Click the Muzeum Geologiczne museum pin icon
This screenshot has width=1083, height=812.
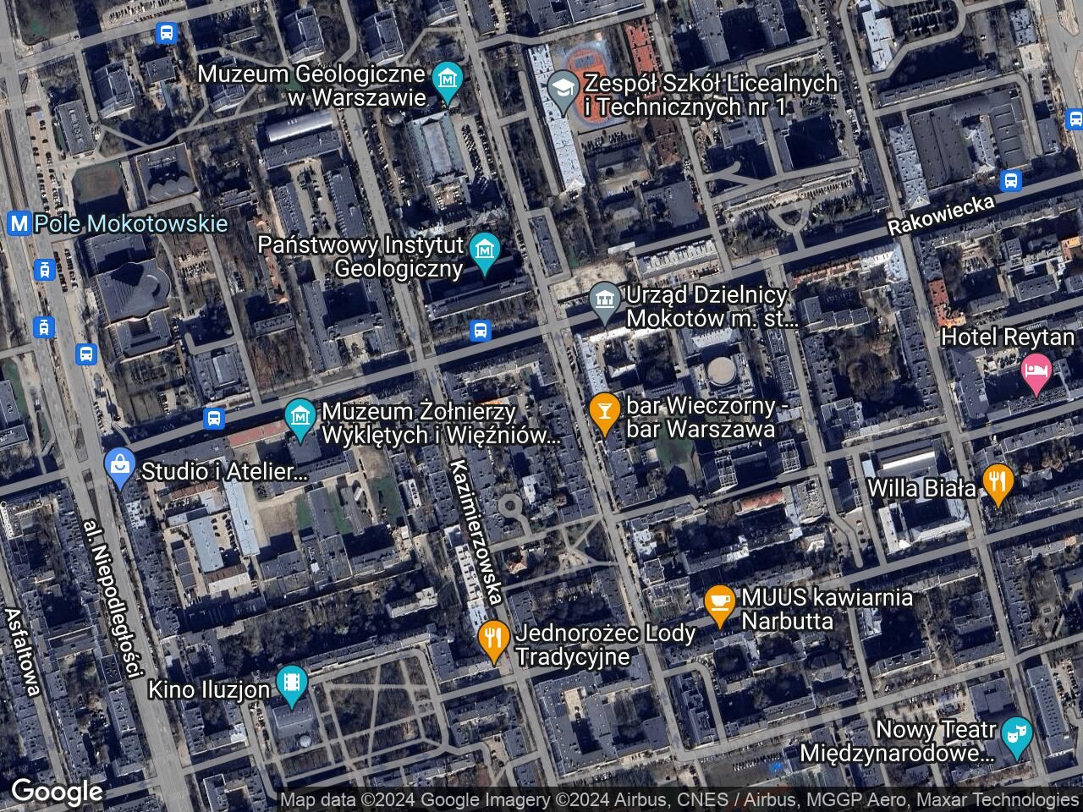coord(447,80)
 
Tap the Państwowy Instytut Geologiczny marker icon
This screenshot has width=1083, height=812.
coord(485,251)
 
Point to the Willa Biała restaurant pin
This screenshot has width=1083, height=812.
coord(999,483)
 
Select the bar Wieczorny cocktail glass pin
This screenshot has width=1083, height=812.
coord(603,411)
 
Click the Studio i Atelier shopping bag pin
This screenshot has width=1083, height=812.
coord(121,466)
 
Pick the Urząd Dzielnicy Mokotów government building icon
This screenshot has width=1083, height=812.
coord(604,299)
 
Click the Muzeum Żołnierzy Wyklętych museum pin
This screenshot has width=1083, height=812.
coord(300,415)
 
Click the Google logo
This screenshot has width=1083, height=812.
coord(56,792)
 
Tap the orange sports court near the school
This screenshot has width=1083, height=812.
coord(589,63)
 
